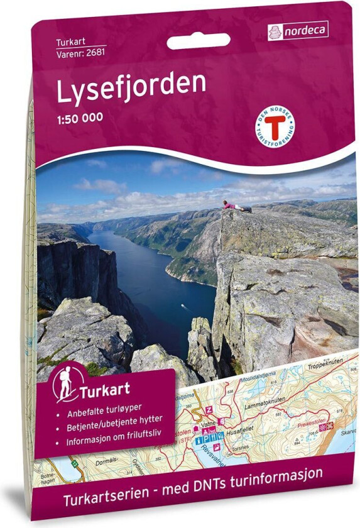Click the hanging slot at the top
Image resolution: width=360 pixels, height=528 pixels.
(199, 41)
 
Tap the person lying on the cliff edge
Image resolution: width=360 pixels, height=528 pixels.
(236, 205)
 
